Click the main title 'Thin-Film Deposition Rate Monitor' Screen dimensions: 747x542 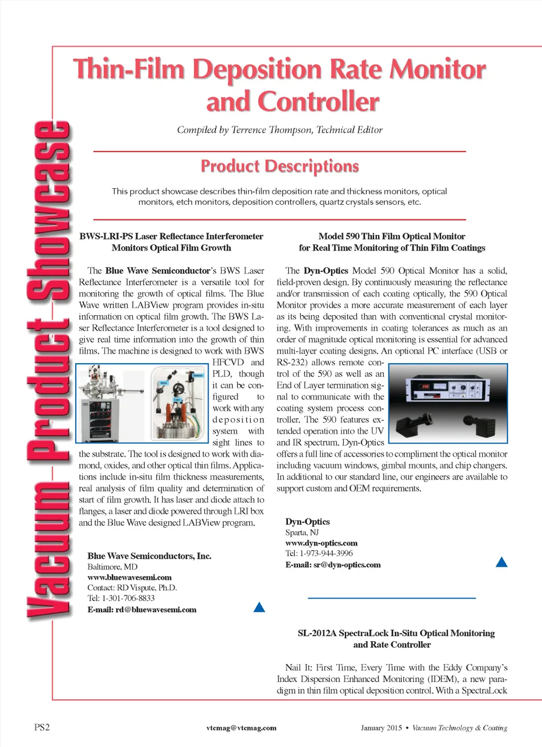tap(279, 70)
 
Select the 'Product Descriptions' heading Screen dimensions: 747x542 tap(279, 166)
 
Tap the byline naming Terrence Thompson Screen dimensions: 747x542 tap(279, 130)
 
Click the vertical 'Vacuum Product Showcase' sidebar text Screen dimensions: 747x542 tap(49, 370)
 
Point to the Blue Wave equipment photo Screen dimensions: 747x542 tap(142, 403)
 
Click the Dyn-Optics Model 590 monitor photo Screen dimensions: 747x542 tap(448, 403)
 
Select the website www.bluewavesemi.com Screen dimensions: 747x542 tap(129, 577)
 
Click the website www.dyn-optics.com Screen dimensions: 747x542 tap(321, 543)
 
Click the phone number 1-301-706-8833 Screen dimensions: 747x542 tap(128, 598)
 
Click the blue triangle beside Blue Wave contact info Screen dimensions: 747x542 tap(259, 607)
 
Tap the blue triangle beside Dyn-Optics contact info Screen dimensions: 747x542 tap(501, 562)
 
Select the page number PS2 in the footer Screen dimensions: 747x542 tap(42, 727)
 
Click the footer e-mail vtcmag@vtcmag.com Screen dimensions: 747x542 tap(241, 728)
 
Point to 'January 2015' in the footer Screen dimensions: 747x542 tap(381, 728)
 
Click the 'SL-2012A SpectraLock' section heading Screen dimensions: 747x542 tap(396, 633)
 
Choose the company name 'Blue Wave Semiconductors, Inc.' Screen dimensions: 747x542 tap(149, 556)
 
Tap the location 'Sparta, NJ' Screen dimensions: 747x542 tap(302, 532)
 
